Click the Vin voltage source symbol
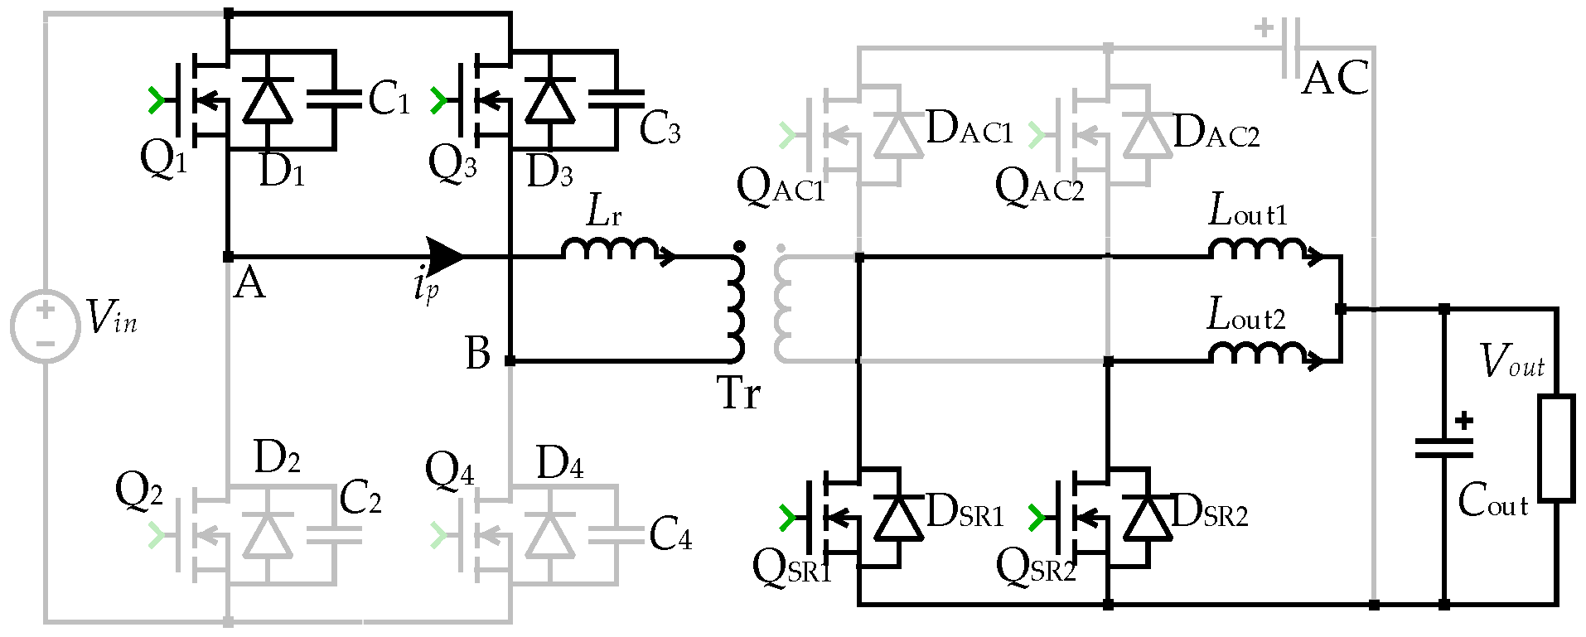click(46, 326)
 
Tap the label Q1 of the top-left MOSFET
click(163, 157)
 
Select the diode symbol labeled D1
click(267, 101)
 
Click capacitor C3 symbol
click(616, 99)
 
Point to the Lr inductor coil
click(611, 249)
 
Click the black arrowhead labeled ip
click(445, 256)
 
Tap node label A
click(249, 284)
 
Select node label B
click(478, 353)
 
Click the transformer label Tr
click(738, 393)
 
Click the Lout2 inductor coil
click(1257, 354)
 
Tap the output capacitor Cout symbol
click(1444, 448)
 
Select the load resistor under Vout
click(1556, 448)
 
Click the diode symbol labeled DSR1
click(898, 519)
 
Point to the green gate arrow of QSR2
click(1037, 518)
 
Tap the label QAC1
click(781, 188)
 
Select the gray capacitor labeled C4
click(616, 536)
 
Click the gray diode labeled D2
click(267, 536)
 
